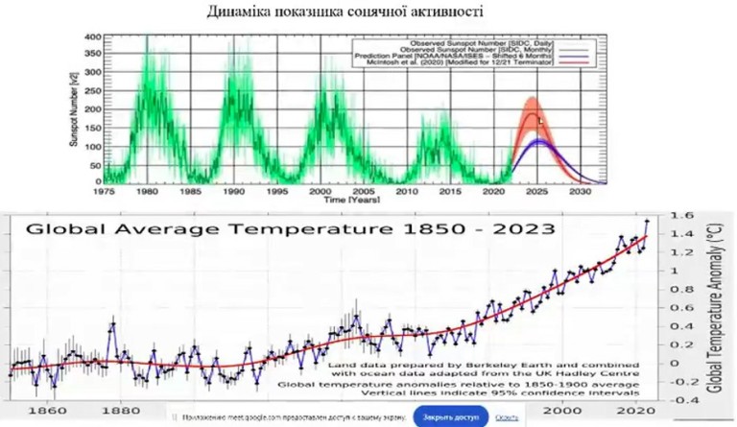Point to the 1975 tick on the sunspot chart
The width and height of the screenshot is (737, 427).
coord(104,192)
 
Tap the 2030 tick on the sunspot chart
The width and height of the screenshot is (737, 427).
coord(580,192)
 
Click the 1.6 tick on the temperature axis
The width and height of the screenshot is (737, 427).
coord(679,218)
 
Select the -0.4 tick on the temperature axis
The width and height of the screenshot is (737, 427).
coord(678,400)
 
